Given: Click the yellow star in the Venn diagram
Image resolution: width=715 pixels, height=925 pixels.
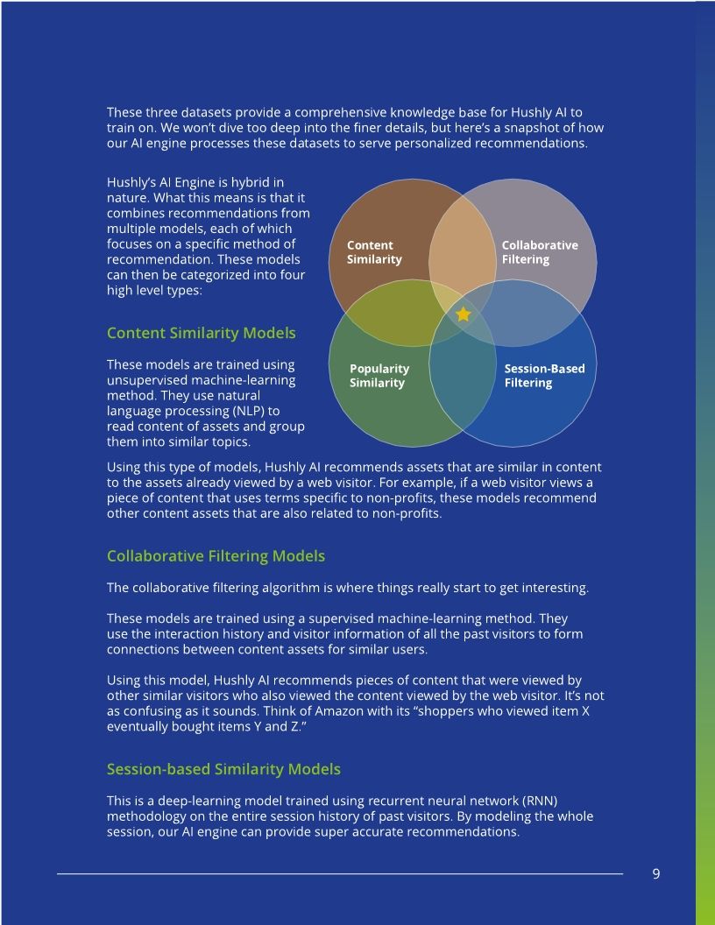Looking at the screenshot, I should tap(464, 314).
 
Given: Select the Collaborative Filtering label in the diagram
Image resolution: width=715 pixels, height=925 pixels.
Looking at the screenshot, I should tap(539, 252).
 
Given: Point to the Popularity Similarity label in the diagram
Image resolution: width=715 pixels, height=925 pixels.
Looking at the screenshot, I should tap(379, 376).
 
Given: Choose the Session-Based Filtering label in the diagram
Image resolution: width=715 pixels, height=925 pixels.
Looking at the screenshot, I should tap(544, 376).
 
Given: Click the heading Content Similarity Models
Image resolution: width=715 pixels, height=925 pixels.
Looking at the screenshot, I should tap(201, 334).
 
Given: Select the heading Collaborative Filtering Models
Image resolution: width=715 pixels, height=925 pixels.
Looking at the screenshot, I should tap(216, 556).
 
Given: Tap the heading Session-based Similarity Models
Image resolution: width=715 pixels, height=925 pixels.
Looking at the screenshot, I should tap(223, 769).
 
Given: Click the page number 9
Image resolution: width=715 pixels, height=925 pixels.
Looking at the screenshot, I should tap(656, 873).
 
